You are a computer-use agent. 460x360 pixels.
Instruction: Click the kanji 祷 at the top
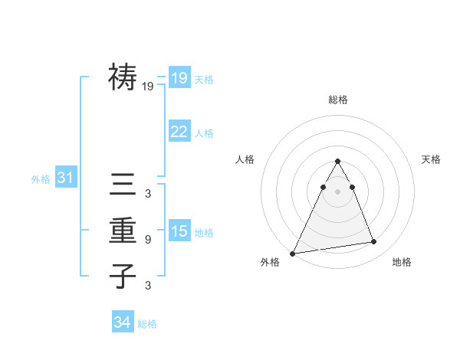pyautogui.click(x=123, y=77)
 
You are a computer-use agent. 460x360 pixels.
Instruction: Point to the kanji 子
pyautogui.click(x=123, y=276)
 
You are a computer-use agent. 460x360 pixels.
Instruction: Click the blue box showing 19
pyautogui.click(x=179, y=77)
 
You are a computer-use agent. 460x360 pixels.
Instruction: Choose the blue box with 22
pyautogui.click(x=179, y=132)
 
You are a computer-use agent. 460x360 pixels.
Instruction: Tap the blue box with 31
pyautogui.click(x=66, y=178)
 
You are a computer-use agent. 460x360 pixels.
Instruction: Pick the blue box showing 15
pyautogui.click(x=179, y=231)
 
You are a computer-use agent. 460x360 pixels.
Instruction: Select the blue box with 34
pyautogui.click(x=123, y=322)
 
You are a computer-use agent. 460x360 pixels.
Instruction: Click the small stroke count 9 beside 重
pyautogui.click(x=148, y=240)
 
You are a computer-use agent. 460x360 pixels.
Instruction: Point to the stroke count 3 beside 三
pyautogui.click(x=148, y=194)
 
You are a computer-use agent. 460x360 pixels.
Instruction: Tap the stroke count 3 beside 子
pyautogui.click(x=148, y=286)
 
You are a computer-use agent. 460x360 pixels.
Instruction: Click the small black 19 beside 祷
pyautogui.click(x=148, y=87)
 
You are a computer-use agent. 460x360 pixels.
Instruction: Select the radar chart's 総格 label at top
pyautogui.click(x=338, y=100)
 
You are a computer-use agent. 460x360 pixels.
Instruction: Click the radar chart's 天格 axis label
pyautogui.click(x=432, y=159)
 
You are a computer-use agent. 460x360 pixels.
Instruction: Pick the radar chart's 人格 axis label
pyautogui.click(x=245, y=159)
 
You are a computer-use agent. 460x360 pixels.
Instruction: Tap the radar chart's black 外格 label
pyautogui.click(x=270, y=262)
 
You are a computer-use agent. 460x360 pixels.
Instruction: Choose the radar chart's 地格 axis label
pyautogui.click(x=402, y=262)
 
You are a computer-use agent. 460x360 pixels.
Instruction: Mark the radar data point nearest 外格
pyautogui.click(x=293, y=253)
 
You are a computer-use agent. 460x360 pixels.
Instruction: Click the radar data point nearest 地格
pyautogui.click(x=374, y=242)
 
